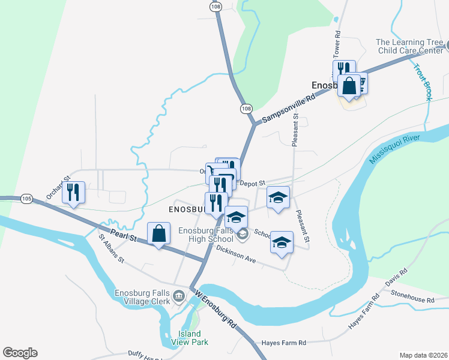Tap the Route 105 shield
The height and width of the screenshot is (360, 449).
click(26, 198)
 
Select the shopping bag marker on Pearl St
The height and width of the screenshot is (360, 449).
click(158, 235)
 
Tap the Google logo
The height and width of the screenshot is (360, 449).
click(20, 353)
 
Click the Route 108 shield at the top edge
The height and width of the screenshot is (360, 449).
click(215, 5)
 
